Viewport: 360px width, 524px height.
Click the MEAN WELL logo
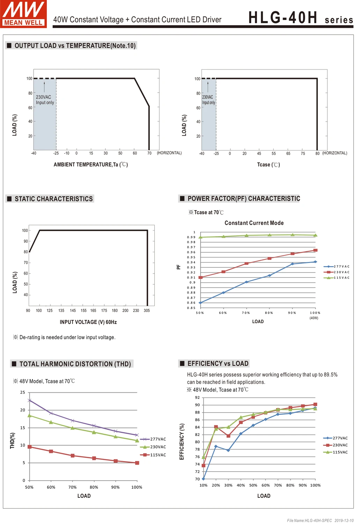click(x=23, y=14)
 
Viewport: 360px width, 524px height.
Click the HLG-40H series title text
click(x=300, y=18)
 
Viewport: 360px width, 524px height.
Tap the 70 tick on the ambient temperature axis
click(x=149, y=153)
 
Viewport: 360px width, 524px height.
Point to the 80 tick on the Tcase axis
click(x=317, y=153)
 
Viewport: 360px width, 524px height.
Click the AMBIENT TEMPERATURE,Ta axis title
click(x=90, y=165)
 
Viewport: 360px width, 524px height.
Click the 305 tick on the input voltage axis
click(x=147, y=311)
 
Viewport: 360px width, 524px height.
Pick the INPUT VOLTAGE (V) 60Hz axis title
click(x=88, y=322)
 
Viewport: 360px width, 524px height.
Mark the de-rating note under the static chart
click(x=64, y=337)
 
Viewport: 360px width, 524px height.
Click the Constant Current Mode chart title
click(x=254, y=223)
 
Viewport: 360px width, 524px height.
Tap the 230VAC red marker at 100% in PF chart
click(x=315, y=250)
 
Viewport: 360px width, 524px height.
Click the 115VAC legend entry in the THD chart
click(x=153, y=455)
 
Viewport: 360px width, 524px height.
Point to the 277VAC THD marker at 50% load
click(x=29, y=400)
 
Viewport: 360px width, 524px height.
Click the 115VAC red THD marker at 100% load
click(x=137, y=463)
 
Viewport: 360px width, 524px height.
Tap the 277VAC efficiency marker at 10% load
click(x=203, y=479)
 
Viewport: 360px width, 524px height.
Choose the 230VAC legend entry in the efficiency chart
click(x=336, y=445)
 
